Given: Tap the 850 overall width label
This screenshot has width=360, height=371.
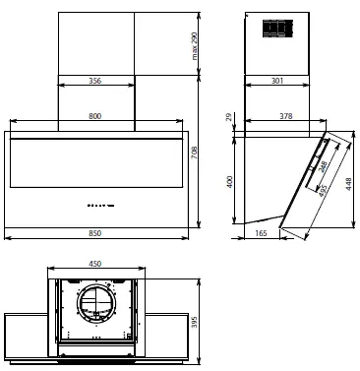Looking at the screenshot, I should point(95,230).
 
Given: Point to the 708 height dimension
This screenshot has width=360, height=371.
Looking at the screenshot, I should point(196,154).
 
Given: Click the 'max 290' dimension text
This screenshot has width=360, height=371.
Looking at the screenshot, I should point(196,44).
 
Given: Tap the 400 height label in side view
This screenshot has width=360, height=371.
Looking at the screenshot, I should point(231,182).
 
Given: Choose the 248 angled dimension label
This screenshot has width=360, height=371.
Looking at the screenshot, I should point(322,161).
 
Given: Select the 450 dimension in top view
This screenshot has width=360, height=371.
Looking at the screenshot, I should point(95,264).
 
